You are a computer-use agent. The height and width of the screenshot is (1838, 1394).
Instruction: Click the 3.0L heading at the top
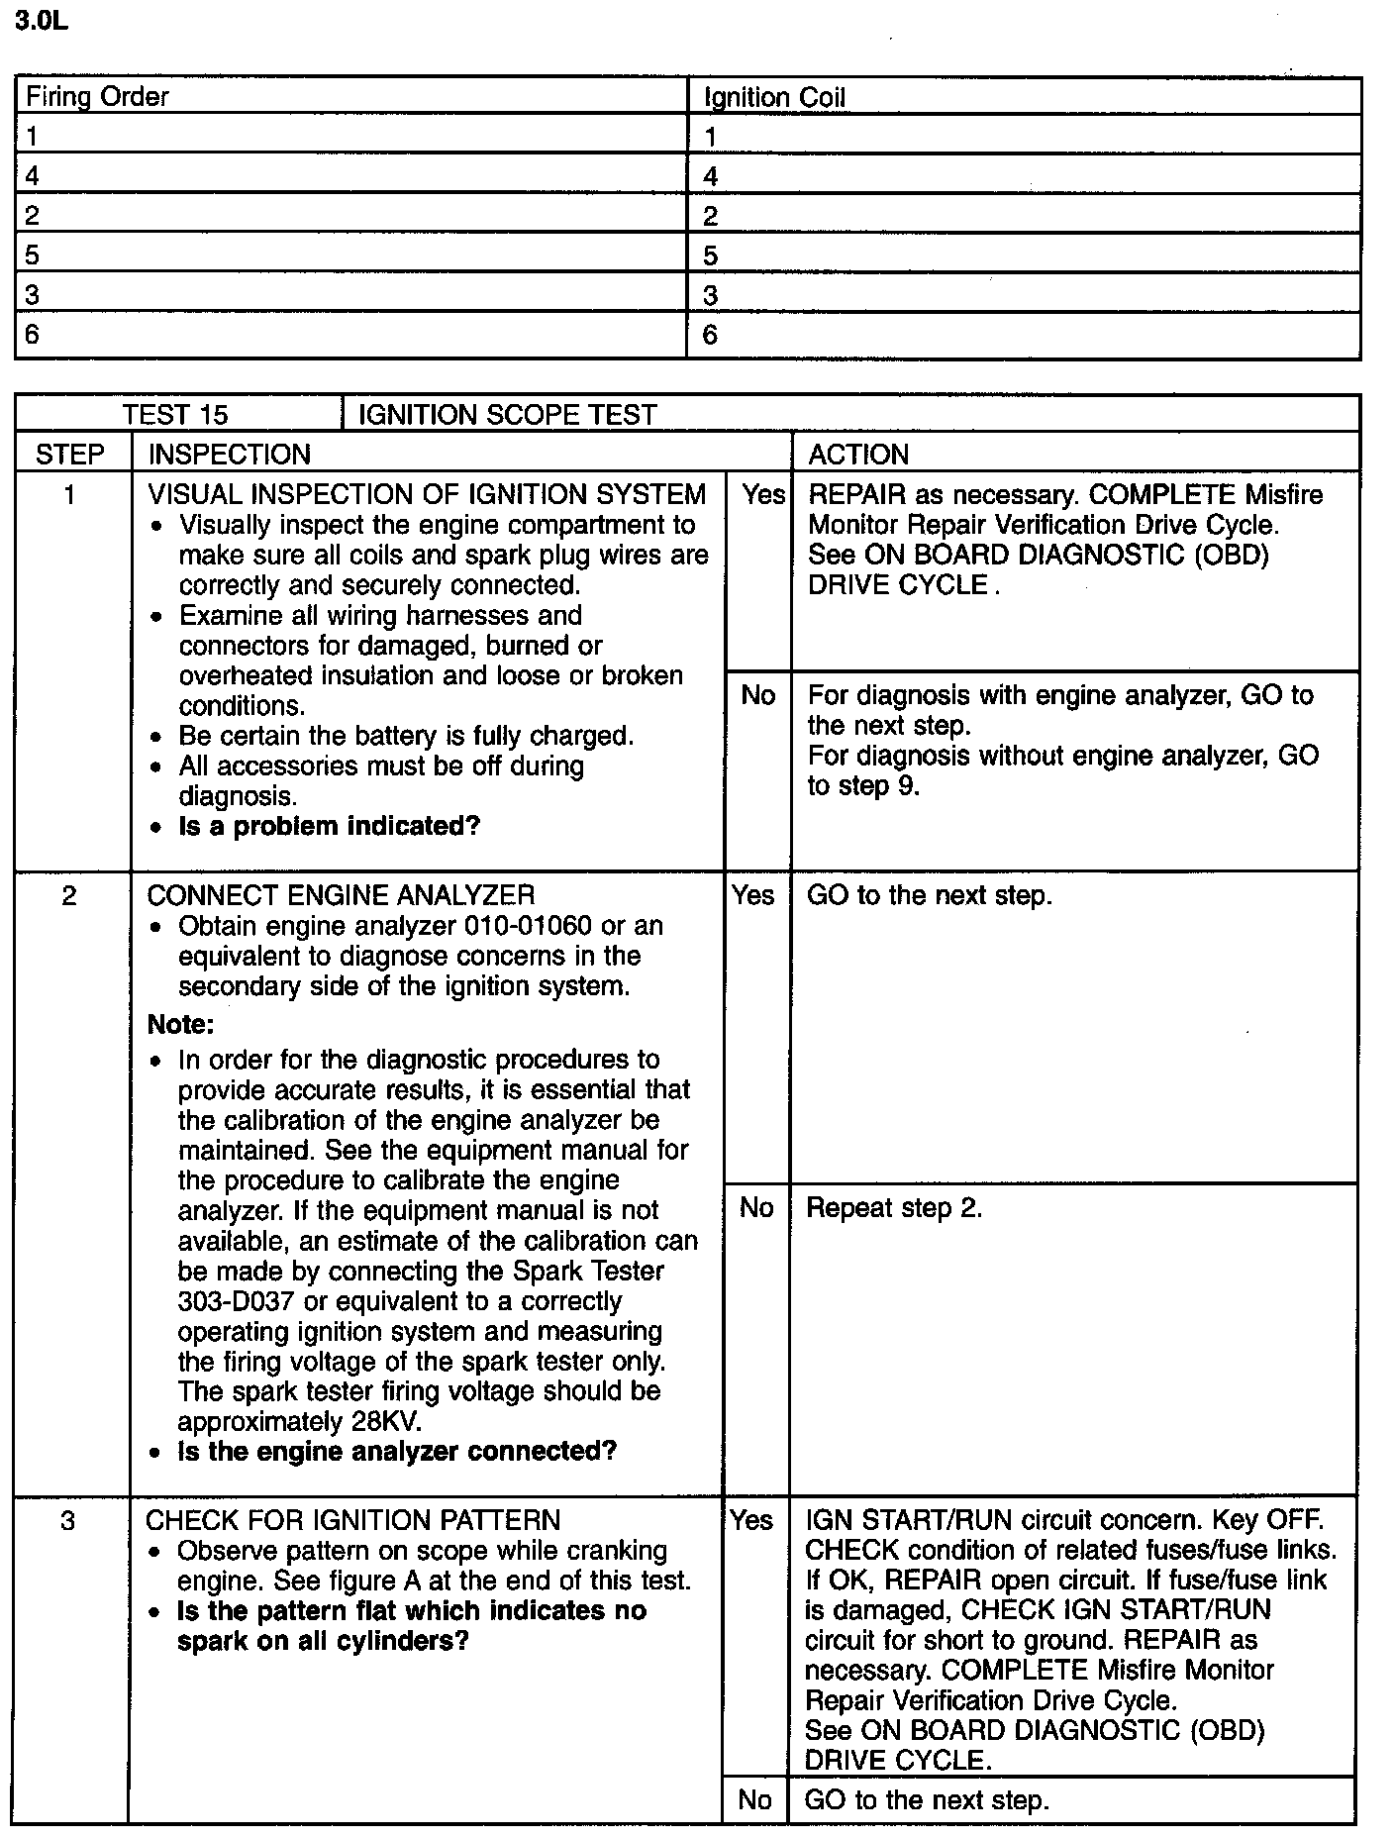(x=42, y=22)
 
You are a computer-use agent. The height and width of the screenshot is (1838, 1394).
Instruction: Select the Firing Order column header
(x=97, y=97)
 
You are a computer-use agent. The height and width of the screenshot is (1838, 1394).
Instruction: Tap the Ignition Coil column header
(x=774, y=98)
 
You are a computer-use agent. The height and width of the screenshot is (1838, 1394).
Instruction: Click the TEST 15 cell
(x=175, y=415)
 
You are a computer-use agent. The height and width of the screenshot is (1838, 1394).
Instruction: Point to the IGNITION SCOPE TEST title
(x=507, y=415)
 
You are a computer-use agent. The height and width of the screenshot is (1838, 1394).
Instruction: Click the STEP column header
(x=70, y=455)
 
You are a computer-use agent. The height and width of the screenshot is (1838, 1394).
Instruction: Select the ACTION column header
(x=858, y=455)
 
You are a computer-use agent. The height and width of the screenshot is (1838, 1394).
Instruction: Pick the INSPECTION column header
(x=230, y=455)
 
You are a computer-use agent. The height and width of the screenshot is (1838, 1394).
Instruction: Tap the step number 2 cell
(x=69, y=896)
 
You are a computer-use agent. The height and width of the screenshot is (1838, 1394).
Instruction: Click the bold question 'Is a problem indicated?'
(x=329, y=827)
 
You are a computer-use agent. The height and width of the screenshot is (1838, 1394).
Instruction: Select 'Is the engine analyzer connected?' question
(x=397, y=1452)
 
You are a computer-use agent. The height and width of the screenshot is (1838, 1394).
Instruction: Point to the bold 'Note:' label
(x=181, y=1024)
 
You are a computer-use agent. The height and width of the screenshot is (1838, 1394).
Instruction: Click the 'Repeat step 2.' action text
(x=894, y=1208)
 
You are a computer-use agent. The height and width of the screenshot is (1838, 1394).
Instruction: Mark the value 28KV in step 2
(x=386, y=1422)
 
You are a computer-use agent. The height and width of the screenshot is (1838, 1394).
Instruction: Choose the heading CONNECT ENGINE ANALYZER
(x=341, y=896)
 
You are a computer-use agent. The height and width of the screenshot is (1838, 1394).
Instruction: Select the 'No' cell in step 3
(x=754, y=1799)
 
